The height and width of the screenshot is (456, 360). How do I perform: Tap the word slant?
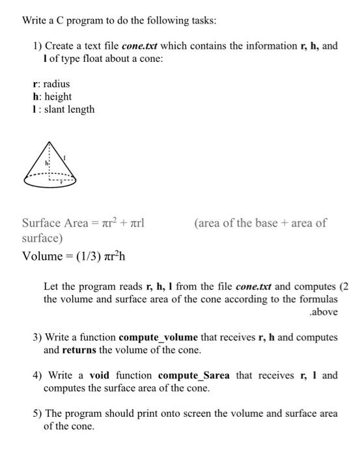(56, 109)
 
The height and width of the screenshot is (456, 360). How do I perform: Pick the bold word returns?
(81, 350)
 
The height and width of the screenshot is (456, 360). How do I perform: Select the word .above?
(324, 312)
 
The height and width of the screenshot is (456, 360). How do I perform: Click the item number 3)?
(38, 337)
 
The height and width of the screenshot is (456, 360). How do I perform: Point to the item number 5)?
(38, 414)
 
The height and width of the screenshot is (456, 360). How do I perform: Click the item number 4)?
(38, 375)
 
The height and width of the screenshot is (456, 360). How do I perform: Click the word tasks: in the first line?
(202, 21)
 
